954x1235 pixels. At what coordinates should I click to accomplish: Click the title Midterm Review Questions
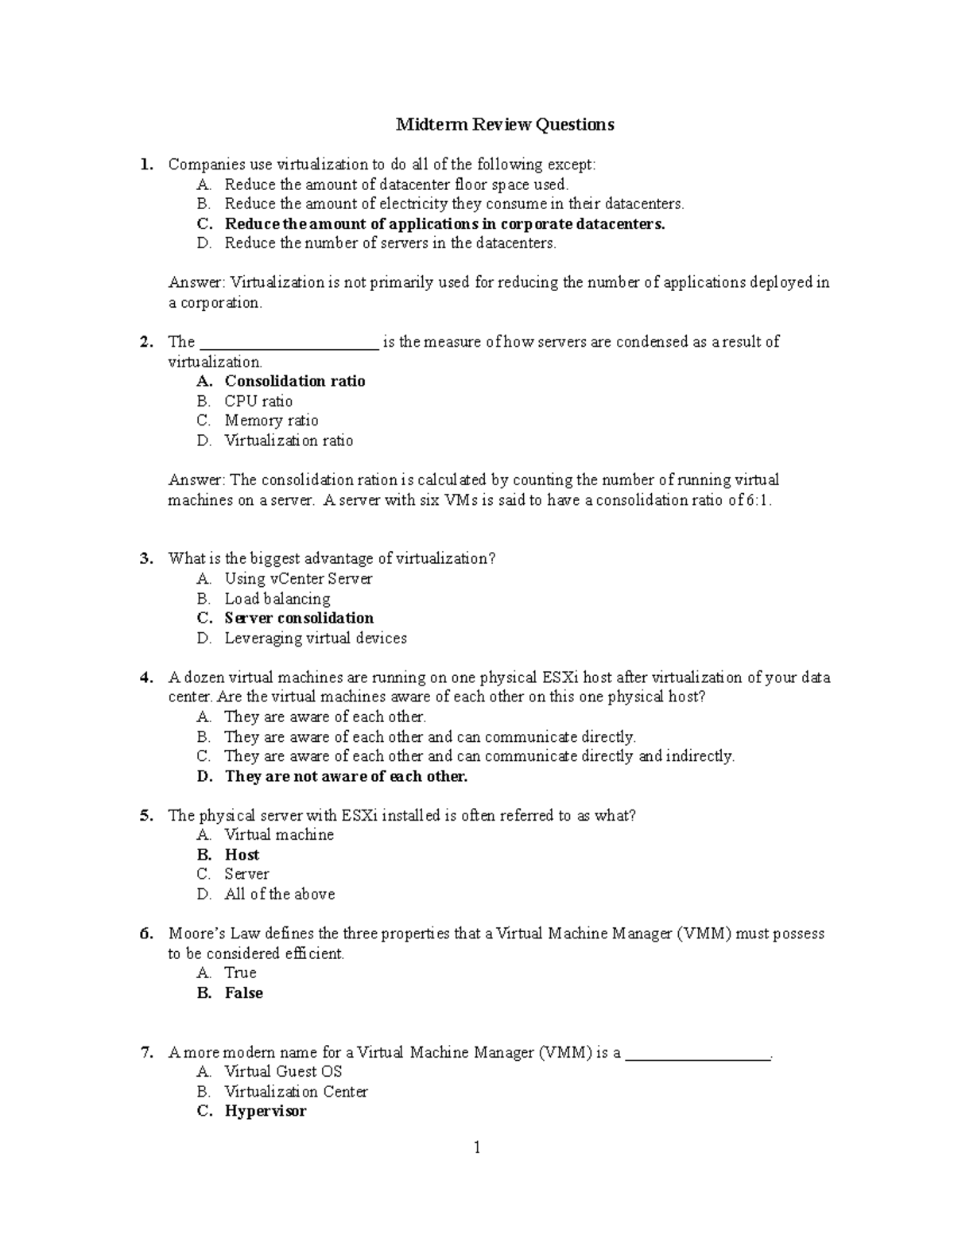[505, 125]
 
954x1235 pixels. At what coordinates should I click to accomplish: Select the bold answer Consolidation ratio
[294, 382]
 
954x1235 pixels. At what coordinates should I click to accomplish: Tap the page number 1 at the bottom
[477, 1148]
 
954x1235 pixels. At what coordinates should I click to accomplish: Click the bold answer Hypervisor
[265, 1112]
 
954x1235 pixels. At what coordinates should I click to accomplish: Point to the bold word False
[243, 993]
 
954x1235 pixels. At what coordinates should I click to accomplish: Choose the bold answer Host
[242, 855]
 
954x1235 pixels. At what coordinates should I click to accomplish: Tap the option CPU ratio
[258, 402]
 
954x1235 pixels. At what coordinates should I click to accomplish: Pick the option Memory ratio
[271, 421]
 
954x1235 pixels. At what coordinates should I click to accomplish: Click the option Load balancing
[277, 599]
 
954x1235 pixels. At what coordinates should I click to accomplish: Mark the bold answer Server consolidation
[299, 619]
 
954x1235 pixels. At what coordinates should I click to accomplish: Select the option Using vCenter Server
[298, 579]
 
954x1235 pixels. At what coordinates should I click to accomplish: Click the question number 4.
[145, 678]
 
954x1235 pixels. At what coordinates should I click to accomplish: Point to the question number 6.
[145, 934]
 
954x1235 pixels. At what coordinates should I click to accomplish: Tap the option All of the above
[279, 894]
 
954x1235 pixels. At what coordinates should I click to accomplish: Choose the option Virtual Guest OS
[283, 1072]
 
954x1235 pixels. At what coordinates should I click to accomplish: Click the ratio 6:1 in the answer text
[755, 500]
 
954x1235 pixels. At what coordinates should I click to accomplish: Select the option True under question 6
[240, 973]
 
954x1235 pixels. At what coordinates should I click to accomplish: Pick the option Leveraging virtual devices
[315, 638]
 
